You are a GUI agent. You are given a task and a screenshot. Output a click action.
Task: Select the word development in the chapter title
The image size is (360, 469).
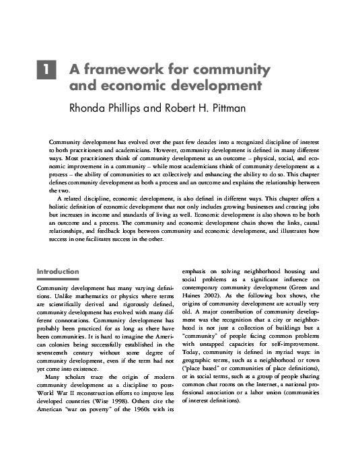point(217,85)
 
